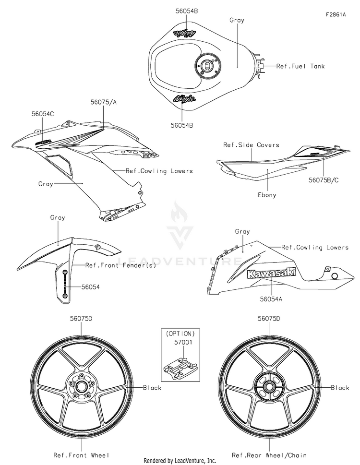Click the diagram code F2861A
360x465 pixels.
(336, 14)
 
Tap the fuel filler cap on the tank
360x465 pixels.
(207, 66)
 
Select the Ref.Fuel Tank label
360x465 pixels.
(300, 66)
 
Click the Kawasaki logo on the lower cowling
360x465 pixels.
(272, 273)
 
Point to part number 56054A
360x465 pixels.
(271, 299)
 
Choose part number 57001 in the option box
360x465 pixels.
(183, 342)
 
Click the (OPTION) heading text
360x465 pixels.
(180, 334)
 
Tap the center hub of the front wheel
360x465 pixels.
(80, 387)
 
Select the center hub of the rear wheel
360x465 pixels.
(269, 387)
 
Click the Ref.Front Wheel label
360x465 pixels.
(81, 454)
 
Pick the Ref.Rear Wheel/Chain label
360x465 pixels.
(269, 454)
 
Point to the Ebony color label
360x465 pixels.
(267, 195)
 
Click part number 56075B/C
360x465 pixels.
(324, 180)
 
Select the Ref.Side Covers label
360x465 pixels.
(251, 145)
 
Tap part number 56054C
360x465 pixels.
(43, 114)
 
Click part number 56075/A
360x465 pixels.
(104, 102)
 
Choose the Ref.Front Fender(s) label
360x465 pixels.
(120, 265)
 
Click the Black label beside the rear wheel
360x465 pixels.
(340, 388)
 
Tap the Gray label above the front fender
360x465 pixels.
(58, 218)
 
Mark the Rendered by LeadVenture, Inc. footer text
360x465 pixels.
(180, 461)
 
